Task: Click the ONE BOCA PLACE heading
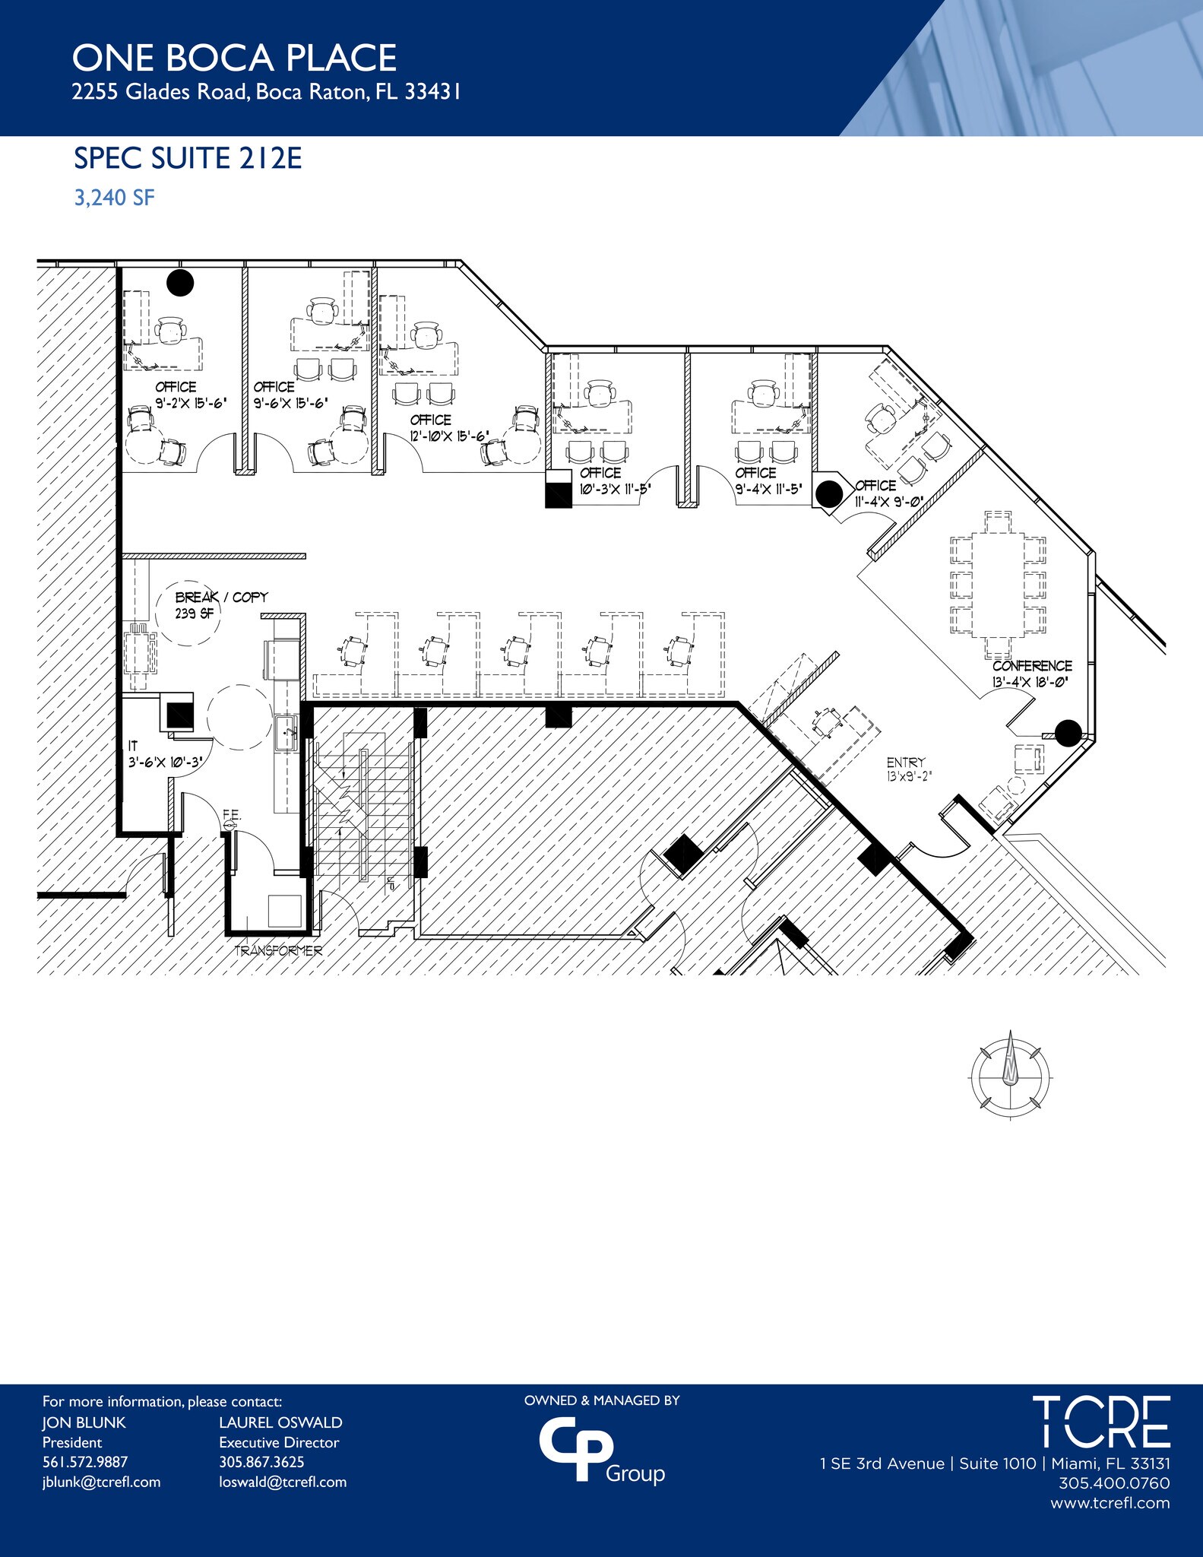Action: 234,59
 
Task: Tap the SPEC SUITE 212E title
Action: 188,158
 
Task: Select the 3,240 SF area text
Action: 114,198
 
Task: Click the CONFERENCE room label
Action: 1032,666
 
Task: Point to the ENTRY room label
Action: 906,763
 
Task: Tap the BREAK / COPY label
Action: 221,598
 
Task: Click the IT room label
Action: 133,747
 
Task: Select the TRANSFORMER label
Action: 278,951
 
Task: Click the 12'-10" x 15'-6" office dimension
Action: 449,436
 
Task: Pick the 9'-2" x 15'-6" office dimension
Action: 191,404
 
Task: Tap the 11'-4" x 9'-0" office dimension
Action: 888,502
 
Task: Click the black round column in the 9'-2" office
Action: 180,283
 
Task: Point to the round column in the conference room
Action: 1068,733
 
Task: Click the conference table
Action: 998,583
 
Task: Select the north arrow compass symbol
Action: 1011,1074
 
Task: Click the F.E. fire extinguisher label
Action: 232,815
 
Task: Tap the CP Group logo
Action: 600,1451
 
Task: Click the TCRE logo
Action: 1100,1421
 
